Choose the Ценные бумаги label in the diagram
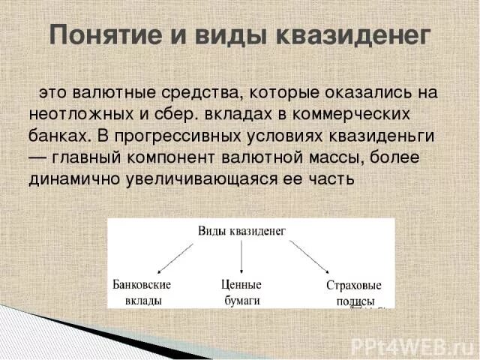point(241,292)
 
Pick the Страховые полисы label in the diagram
point(354,293)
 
